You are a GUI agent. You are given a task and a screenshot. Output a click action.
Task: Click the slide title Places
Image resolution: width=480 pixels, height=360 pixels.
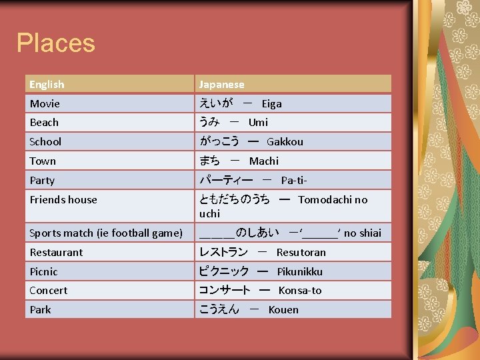pyautogui.click(x=56, y=43)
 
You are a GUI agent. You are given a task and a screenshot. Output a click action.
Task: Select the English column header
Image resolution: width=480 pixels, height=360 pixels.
pyautogui.click(x=47, y=85)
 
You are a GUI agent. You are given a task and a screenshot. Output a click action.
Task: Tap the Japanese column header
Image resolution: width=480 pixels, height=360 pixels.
pyautogui.click(x=222, y=85)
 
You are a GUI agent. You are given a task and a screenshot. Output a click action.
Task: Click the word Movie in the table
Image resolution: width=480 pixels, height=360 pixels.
pyautogui.click(x=45, y=104)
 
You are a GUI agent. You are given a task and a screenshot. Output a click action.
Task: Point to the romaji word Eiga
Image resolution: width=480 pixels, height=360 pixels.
pyautogui.click(x=271, y=104)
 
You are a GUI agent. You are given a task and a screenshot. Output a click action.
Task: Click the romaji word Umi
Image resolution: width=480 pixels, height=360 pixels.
pyautogui.click(x=258, y=123)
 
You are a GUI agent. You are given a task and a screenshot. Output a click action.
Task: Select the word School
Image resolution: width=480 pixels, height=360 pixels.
pyautogui.click(x=45, y=142)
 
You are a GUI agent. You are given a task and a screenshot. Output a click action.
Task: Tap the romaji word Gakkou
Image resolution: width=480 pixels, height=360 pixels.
pyautogui.click(x=285, y=142)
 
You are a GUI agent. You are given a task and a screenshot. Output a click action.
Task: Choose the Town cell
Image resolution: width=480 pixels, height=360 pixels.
pyautogui.click(x=43, y=161)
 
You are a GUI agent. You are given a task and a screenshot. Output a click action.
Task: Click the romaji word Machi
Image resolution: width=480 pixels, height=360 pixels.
pyautogui.click(x=264, y=161)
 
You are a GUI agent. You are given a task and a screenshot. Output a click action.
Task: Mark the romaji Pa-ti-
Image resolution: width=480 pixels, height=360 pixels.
pyautogui.click(x=294, y=181)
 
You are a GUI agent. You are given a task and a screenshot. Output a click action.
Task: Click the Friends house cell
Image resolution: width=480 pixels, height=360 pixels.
pyautogui.click(x=63, y=200)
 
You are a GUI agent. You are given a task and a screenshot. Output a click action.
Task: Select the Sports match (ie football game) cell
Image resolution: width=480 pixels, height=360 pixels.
pyautogui.click(x=106, y=233)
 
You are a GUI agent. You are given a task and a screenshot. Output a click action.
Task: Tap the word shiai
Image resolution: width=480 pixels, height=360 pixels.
pyautogui.click(x=370, y=233)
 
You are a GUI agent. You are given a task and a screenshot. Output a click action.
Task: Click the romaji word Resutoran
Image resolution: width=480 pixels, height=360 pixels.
pyautogui.click(x=301, y=253)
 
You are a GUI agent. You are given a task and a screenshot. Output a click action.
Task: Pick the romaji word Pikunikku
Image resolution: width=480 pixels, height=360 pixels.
pyautogui.click(x=299, y=272)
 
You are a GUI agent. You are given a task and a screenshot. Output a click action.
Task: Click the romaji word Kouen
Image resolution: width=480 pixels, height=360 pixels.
pyautogui.click(x=283, y=310)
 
